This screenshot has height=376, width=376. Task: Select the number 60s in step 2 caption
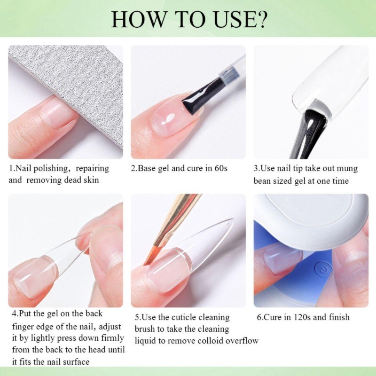(220, 168)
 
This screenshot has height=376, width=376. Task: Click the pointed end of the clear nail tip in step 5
(232, 219)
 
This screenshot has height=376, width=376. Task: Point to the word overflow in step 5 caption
(242, 340)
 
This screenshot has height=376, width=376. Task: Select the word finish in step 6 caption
(339, 317)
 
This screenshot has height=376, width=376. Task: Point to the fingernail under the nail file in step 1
(57, 111)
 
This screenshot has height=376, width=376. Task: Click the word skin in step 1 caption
(91, 180)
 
